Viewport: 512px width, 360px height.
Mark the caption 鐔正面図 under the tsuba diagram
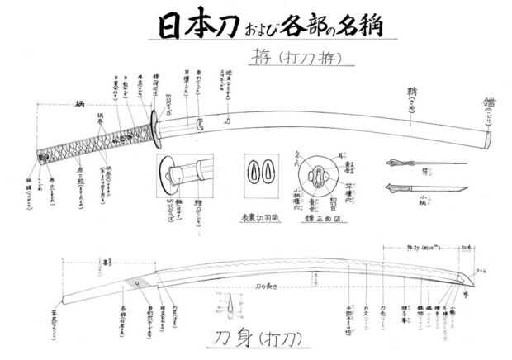[317, 211]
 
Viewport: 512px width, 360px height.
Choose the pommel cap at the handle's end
[40, 154]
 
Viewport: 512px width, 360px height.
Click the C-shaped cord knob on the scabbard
[198, 124]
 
